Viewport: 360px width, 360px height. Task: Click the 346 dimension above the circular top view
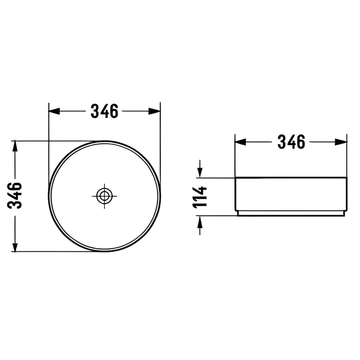(104, 111)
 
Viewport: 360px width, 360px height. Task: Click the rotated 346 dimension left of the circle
(14, 195)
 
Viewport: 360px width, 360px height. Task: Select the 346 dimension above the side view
(291, 142)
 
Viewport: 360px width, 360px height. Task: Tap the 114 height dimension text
(200, 197)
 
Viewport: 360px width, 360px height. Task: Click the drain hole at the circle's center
(104, 196)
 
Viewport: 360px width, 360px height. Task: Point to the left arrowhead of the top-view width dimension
(54, 111)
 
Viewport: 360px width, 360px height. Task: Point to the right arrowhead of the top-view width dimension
(154, 111)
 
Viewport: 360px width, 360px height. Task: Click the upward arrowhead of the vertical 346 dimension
(15, 146)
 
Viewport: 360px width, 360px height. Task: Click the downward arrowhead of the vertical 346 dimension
(15, 246)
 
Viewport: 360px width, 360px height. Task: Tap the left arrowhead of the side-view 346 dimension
(240, 142)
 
